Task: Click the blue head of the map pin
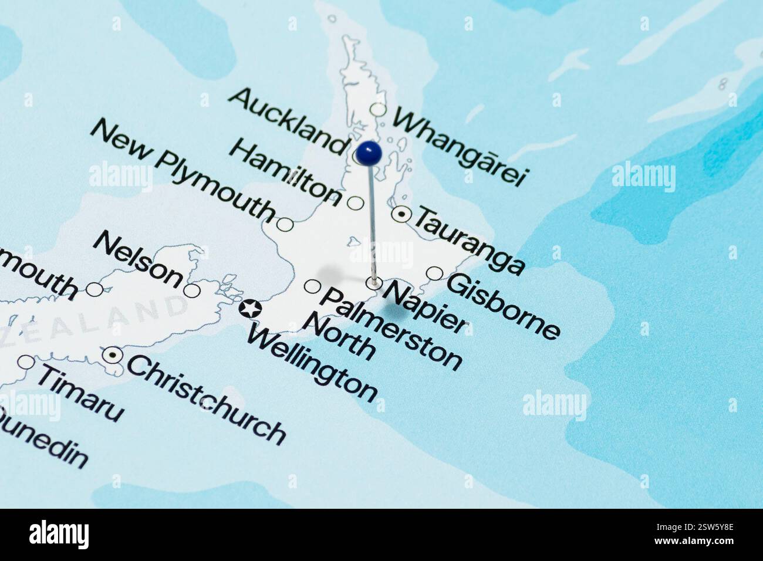[x=369, y=154]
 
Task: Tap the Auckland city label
[x=287, y=120]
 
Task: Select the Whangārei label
[x=461, y=146]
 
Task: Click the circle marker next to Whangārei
[x=379, y=110]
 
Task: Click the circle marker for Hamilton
[x=356, y=203]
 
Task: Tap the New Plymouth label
[x=183, y=170]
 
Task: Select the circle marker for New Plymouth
[x=285, y=224]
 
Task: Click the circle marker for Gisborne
[x=434, y=273]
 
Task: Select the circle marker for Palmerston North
[x=312, y=287]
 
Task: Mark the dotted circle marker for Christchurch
[x=112, y=355]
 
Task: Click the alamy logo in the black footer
[x=59, y=534]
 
